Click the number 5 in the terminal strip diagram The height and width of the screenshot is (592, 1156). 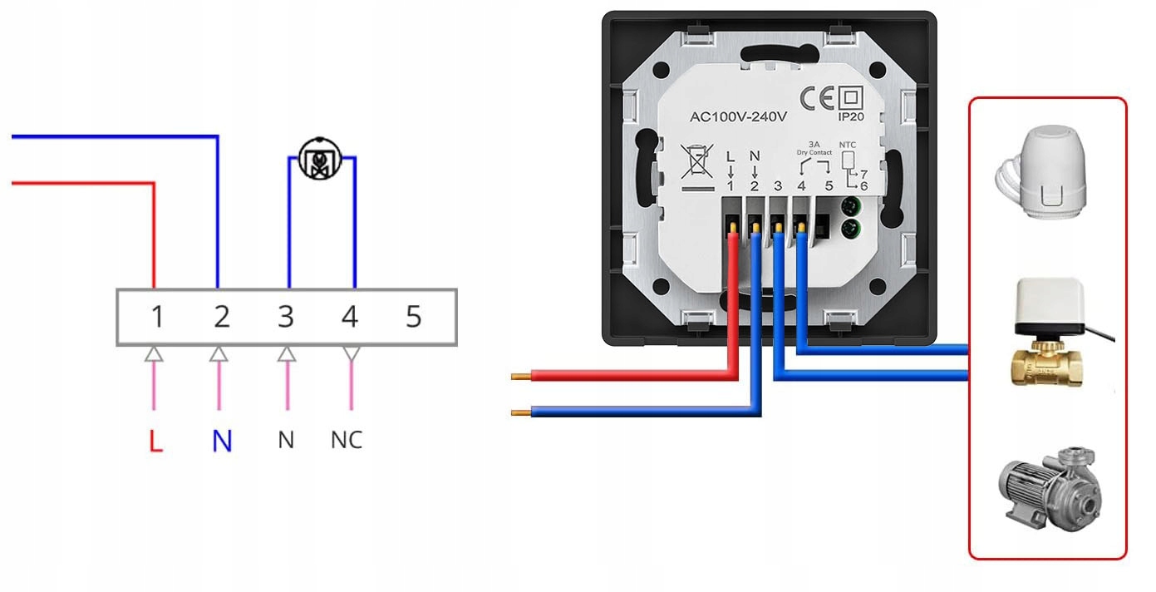(x=413, y=317)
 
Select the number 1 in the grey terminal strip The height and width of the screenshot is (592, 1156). (x=156, y=317)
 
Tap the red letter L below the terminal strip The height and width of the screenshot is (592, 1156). (x=155, y=441)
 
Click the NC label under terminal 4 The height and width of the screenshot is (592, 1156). (x=347, y=440)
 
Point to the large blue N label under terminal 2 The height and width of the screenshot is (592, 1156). (x=221, y=441)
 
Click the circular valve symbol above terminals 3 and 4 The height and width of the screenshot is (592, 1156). (x=319, y=160)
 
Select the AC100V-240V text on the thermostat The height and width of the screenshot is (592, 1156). (x=738, y=117)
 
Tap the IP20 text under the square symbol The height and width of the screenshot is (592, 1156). (x=851, y=117)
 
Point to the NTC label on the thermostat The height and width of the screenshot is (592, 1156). (x=848, y=144)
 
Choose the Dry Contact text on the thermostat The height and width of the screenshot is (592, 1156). (x=814, y=152)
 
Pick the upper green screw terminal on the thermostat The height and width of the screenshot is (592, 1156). (x=849, y=207)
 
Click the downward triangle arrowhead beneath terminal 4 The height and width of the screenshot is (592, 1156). (x=352, y=354)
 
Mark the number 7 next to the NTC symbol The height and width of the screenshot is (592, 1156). (x=863, y=172)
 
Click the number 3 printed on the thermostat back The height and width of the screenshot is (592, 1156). (x=777, y=185)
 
